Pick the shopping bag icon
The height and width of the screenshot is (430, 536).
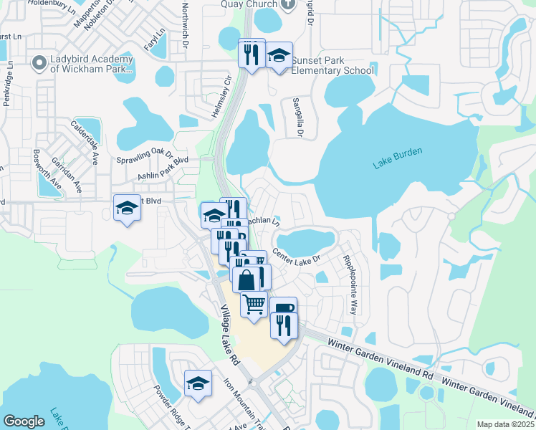pyautogui.click(x=246, y=279)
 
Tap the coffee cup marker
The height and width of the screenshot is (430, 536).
pyautogui.click(x=284, y=308)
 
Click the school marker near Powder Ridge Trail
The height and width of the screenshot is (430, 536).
pyautogui.click(x=198, y=383)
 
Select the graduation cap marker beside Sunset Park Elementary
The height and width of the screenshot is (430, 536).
pyautogui.click(x=278, y=55)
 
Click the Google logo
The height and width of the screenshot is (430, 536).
pyautogui.click(x=24, y=421)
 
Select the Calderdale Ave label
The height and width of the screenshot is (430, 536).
pyautogui.click(x=85, y=143)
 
